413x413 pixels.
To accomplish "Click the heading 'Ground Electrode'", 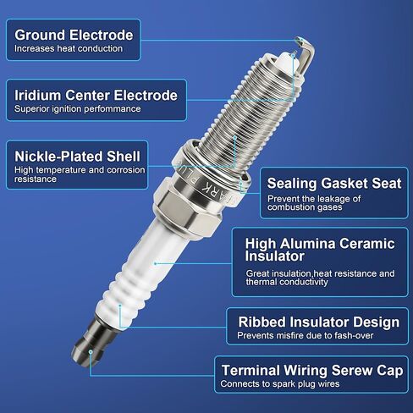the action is (74, 36).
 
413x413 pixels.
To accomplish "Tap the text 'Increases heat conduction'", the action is (69, 48).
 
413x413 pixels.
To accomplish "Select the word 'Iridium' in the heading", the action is (38, 95).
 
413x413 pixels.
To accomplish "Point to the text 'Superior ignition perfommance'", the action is (78, 109).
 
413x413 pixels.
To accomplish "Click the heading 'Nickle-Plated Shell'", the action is (77, 157).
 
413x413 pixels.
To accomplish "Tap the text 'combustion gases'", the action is (305, 207).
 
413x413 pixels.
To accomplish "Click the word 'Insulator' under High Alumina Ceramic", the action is (274, 256).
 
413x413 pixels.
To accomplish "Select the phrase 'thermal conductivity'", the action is (287, 282).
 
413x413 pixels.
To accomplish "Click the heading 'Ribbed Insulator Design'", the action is (319, 322).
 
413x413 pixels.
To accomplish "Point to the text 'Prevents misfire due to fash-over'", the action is (306, 335).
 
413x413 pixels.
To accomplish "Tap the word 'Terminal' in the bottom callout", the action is (251, 371).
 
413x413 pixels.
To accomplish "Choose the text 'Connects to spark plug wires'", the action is (280, 384).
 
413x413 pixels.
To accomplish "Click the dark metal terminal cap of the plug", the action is (94, 341).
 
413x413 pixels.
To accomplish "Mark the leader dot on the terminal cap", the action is (91, 352).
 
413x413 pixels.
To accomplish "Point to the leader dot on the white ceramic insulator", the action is (156, 263).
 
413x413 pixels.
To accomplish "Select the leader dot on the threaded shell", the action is (234, 137).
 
